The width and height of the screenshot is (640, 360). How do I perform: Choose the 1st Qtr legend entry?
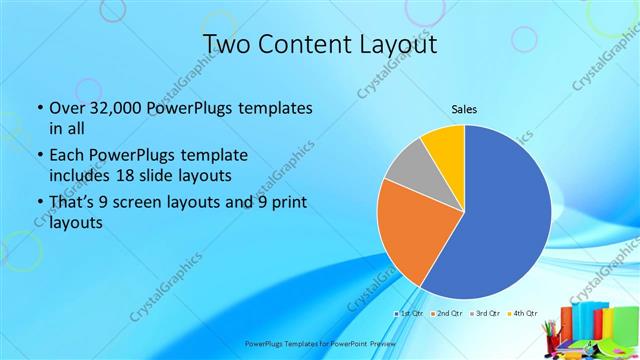pyautogui.click(x=411, y=314)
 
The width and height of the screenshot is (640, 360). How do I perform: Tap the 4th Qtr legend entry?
pyautogui.click(x=524, y=314)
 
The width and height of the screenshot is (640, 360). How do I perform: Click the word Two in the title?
pyautogui.click(x=227, y=45)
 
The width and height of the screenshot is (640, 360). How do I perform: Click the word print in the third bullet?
pyautogui.click(x=291, y=203)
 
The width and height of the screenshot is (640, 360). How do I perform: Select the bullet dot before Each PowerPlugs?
pyautogui.click(x=39, y=156)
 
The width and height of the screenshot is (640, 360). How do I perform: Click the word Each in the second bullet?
pyautogui.click(x=67, y=156)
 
